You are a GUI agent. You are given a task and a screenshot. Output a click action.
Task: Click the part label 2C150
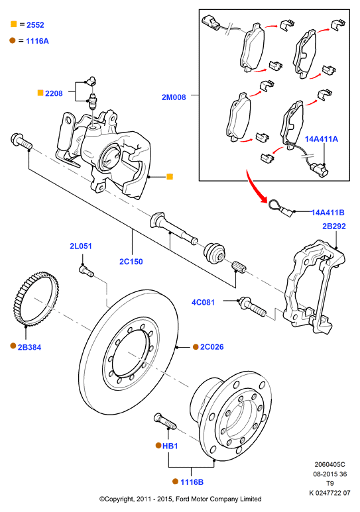(131, 262)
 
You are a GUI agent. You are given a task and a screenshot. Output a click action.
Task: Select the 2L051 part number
(81, 246)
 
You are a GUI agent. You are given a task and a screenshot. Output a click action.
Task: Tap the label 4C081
(203, 303)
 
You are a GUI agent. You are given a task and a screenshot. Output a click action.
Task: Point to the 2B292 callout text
(334, 227)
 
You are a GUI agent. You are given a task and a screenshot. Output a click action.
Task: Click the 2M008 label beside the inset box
(174, 97)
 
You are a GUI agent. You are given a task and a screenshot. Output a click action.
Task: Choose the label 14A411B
(328, 213)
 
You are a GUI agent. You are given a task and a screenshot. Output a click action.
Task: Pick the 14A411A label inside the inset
(322, 139)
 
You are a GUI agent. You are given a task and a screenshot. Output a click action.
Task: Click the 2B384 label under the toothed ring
(29, 348)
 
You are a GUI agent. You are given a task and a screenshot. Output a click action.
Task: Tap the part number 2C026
(212, 347)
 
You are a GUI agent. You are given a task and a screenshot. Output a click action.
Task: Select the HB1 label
(170, 446)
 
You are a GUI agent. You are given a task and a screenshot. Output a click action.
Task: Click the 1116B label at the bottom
(192, 482)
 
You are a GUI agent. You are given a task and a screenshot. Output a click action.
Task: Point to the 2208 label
(54, 93)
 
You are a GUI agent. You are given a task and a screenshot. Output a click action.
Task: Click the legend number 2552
(35, 25)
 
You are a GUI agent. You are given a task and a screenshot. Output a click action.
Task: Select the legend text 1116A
(37, 41)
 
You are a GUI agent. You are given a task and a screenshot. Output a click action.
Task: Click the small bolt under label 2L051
(86, 271)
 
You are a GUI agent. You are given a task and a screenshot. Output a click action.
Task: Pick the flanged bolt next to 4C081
(253, 307)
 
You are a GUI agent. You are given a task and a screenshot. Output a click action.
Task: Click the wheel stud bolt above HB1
(164, 421)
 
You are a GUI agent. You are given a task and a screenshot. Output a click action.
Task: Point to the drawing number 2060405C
(330, 464)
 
